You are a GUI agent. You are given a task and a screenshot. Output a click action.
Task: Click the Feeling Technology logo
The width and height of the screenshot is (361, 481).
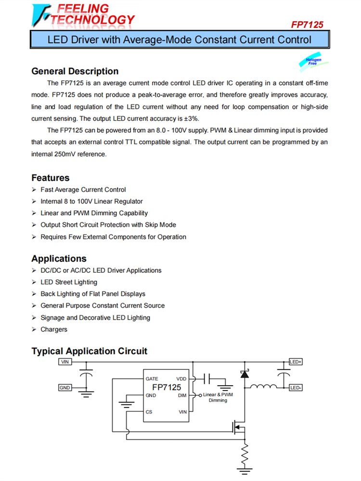(x=83, y=15)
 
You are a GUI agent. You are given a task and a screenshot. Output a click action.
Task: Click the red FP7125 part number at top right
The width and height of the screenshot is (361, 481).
(x=307, y=25)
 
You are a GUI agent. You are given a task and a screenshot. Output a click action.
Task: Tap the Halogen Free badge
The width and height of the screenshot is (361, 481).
(x=314, y=62)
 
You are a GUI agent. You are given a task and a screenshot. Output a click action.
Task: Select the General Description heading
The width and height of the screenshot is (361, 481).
(x=75, y=71)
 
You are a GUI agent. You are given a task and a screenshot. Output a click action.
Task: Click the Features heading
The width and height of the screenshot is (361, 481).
(x=51, y=177)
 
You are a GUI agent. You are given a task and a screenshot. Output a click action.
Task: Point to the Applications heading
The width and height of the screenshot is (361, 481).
(x=59, y=258)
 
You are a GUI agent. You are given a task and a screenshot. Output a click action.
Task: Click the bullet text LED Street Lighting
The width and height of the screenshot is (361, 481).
(x=69, y=282)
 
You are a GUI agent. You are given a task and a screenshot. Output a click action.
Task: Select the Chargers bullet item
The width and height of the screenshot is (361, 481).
(x=54, y=329)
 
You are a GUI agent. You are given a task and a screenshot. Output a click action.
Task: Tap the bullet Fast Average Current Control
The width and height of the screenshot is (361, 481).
(x=83, y=190)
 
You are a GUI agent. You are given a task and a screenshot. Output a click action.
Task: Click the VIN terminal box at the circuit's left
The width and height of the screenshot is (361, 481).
(x=65, y=362)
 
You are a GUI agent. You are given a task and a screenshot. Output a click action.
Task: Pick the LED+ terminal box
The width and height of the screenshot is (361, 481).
(x=296, y=362)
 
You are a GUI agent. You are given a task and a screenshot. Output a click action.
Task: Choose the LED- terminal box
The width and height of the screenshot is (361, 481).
(x=296, y=387)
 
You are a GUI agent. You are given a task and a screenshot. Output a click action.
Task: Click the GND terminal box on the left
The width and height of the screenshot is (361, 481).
(x=65, y=387)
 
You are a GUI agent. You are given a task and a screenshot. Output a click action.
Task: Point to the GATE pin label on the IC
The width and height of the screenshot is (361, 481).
(x=152, y=379)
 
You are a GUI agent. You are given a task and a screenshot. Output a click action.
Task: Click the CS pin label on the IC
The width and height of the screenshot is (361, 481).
(x=149, y=412)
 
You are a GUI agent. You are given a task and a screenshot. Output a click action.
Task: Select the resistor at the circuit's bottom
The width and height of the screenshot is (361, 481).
(x=245, y=453)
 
